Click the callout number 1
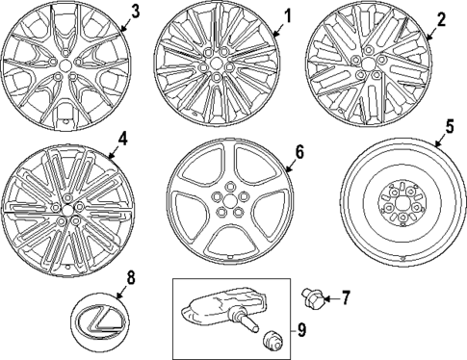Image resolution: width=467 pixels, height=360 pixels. pos(286,15)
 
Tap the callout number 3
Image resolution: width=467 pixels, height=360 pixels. pos(135,12)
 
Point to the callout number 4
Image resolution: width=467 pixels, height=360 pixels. pos(122,138)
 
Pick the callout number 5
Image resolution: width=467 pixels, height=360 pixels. pos(449,125)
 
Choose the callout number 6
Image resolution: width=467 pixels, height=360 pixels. pos(299,151)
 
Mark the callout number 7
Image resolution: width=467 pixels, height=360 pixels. pos(347,298)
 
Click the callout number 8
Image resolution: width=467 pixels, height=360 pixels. pos(131,278)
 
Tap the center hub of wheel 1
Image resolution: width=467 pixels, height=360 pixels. pos(223,68)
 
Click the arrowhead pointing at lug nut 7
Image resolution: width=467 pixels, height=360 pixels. pos(326,297)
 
